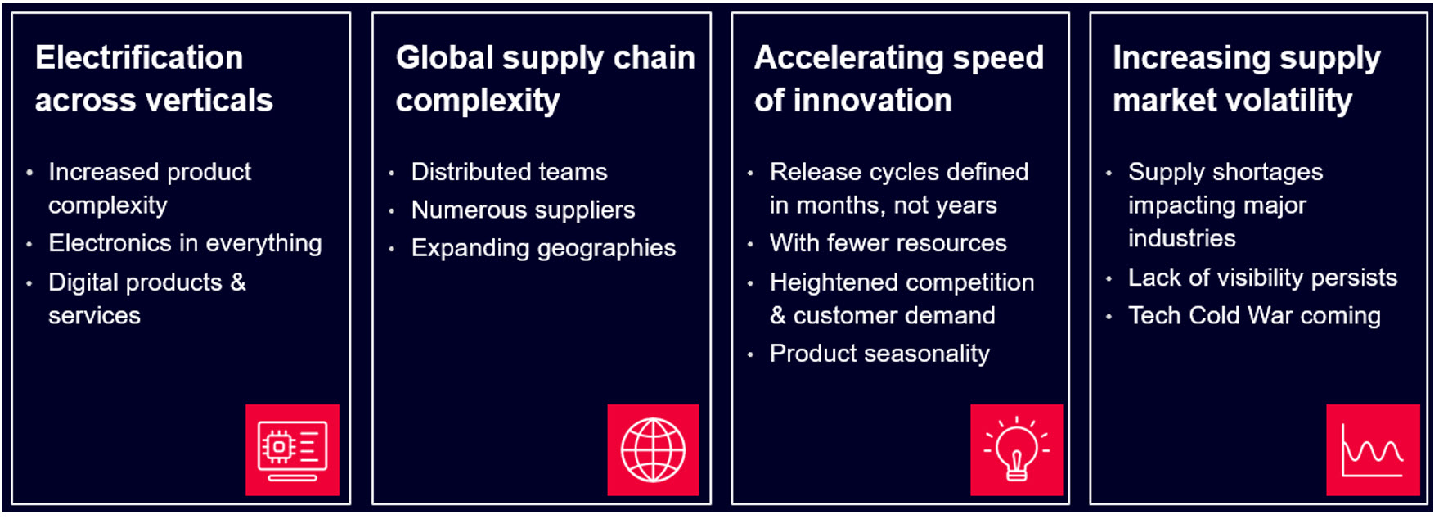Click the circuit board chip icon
click(292, 450)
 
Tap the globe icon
click(653, 450)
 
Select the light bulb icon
click(1016, 450)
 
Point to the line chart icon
click(1373, 450)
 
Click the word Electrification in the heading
click(139, 58)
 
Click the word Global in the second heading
click(445, 58)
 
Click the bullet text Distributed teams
click(509, 172)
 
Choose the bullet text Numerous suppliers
click(523, 210)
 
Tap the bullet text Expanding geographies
click(543, 248)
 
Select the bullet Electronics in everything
click(185, 243)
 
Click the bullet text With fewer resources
click(888, 243)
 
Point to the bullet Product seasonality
click(879, 354)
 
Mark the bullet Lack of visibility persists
click(1262, 278)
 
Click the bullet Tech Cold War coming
click(1254, 315)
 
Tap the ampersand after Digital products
click(238, 282)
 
